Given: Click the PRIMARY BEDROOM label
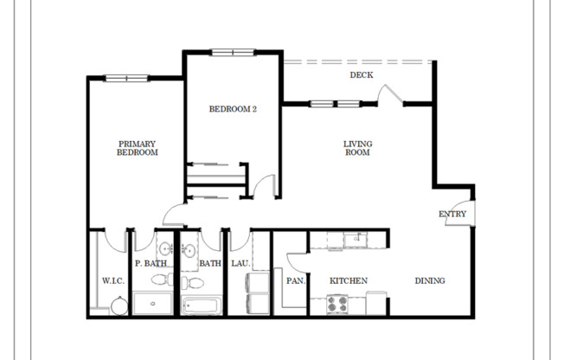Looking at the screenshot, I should point(138,148).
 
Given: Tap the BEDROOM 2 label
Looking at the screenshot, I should point(233,109).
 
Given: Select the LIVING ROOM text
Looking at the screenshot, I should point(356,148).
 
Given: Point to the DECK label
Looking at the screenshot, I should point(361,75).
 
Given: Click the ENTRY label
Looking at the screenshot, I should point(452,214).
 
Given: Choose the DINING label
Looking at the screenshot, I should point(429,280).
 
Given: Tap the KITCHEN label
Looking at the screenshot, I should point(349,280).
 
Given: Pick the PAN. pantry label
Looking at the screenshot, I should point(295,280).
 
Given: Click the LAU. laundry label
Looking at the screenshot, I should point(240,263).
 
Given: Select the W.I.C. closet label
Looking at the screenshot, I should point(112,280).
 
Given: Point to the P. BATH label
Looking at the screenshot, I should point(150,263).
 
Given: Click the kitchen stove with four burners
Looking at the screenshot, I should point(336,305).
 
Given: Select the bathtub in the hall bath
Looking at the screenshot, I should point(201,305).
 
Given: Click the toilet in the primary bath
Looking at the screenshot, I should point(158,279).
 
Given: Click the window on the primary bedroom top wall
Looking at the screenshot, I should point(126,79).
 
